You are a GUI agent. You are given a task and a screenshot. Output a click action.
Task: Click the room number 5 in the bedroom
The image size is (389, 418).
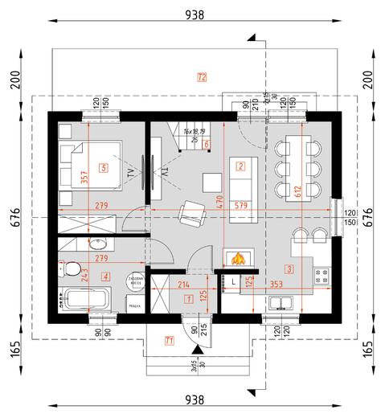tap(102, 167)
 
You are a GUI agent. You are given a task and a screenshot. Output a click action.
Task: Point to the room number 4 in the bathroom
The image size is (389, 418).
tap(104, 277)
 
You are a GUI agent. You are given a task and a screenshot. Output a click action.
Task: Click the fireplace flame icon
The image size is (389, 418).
tap(237, 259)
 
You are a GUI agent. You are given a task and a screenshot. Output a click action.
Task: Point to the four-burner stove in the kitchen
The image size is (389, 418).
tap(323, 277)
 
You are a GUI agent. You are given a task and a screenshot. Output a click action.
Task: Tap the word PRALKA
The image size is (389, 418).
tap(135, 305)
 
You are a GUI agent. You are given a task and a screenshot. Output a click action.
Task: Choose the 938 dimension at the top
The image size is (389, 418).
tap(194, 14)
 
